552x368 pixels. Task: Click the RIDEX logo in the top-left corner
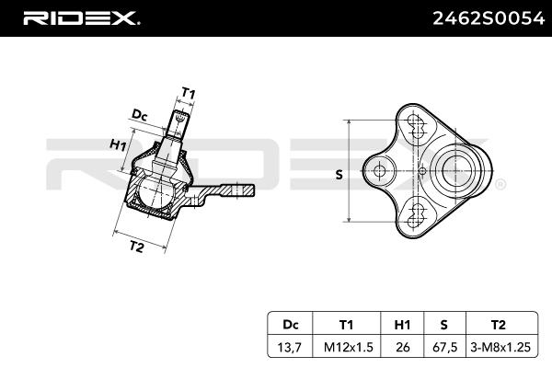pyautogui.click(x=81, y=17)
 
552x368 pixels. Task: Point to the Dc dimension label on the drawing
pyautogui.click(x=140, y=114)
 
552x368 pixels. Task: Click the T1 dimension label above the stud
pyautogui.click(x=188, y=93)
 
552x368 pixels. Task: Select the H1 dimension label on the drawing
pyautogui.click(x=118, y=145)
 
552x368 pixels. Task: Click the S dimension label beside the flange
pyautogui.click(x=338, y=175)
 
